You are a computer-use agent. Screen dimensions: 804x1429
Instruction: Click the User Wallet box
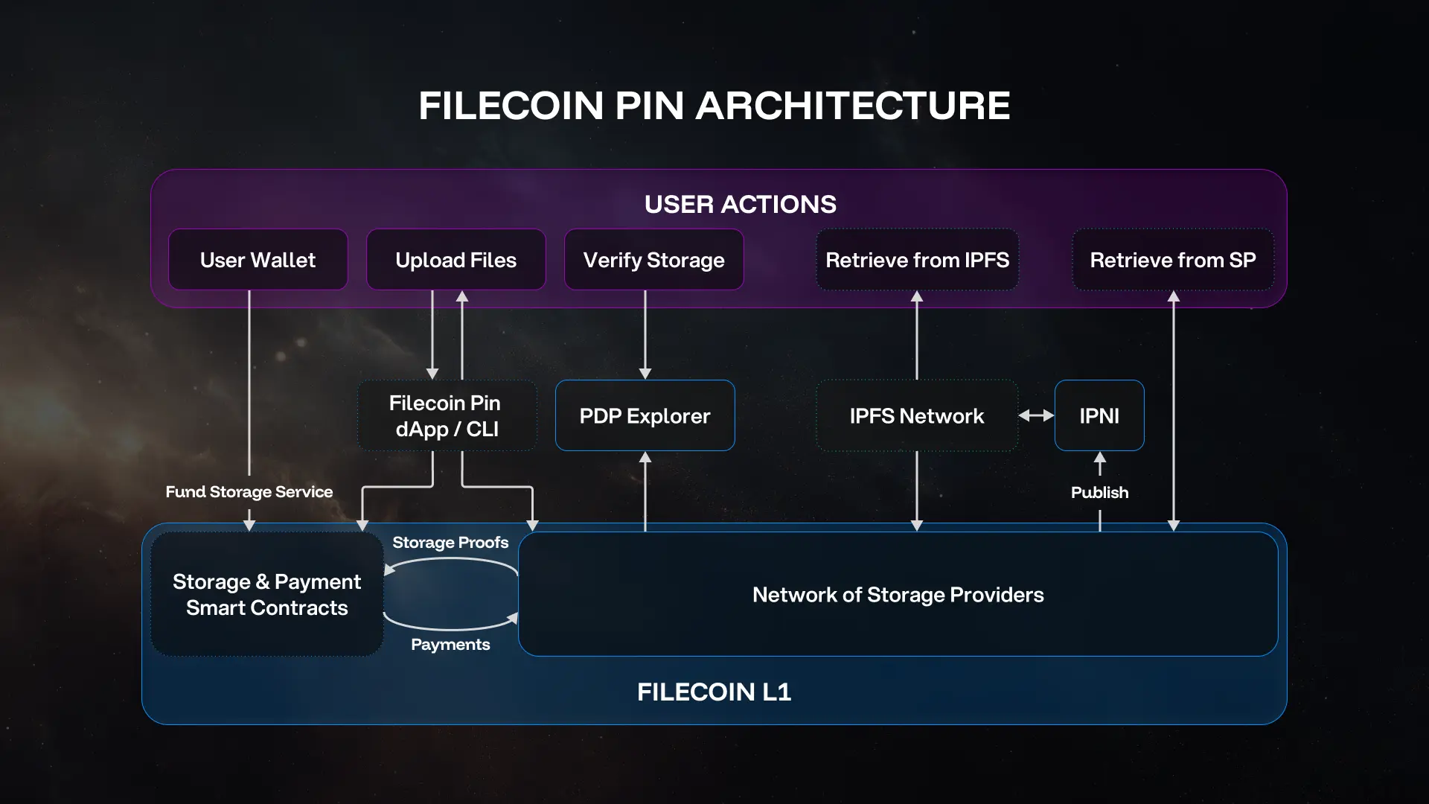coord(258,260)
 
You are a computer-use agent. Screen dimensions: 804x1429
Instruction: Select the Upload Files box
coord(455,260)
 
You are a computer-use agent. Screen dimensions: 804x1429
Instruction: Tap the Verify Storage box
coord(653,260)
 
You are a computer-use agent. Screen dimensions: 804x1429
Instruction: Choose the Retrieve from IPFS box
coord(917,260)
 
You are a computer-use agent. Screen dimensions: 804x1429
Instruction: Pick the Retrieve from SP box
coord(1172,260)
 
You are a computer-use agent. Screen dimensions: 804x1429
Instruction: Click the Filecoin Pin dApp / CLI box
coord(446,415)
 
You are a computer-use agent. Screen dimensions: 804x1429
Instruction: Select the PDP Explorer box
coord(645,415)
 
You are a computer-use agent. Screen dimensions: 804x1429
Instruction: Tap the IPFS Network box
coord(916,415)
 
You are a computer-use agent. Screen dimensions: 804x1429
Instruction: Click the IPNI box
coord(1099,415)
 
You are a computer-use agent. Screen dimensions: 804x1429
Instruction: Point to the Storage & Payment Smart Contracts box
coord(266,594)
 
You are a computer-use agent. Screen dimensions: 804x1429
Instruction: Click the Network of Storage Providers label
coord(898,595)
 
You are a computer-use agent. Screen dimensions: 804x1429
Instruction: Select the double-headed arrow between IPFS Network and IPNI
coord(1036,415)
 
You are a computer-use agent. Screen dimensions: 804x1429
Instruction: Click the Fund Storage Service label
coord(249,492)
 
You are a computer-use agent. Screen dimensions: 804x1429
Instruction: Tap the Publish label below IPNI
coord(1099,493)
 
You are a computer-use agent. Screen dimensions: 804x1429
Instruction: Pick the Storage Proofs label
coord(450,543)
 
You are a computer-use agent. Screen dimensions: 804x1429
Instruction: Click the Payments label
coord(450,645)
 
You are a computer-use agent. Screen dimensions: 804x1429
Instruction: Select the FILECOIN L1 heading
coord(714,692)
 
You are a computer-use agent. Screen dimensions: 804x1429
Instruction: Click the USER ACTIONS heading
coord(740,204)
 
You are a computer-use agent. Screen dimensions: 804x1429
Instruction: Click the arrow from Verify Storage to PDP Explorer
coord(645,335)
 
